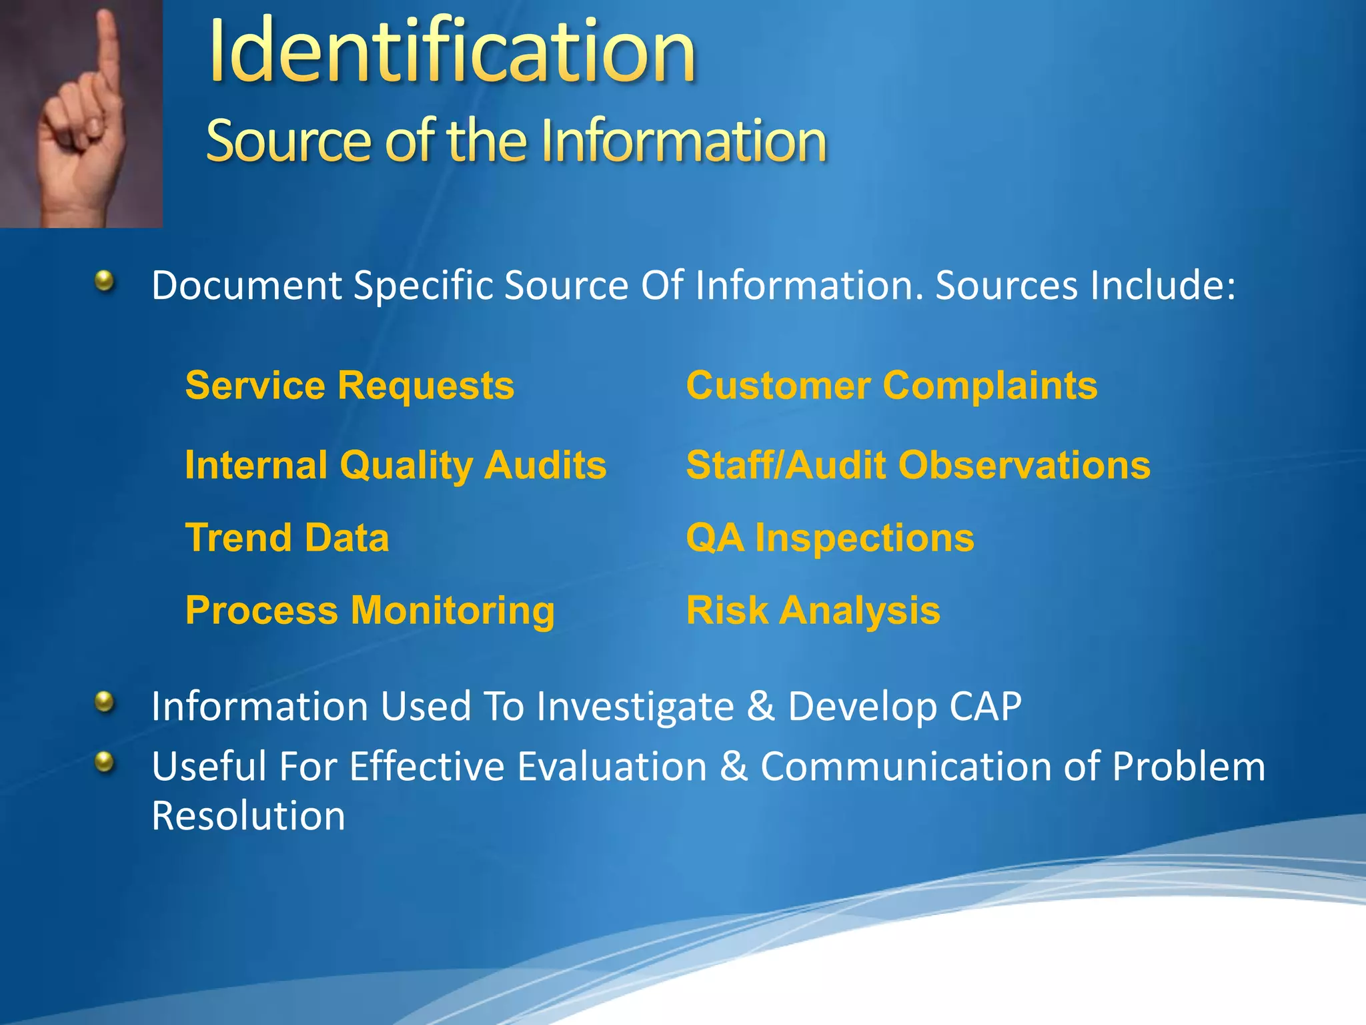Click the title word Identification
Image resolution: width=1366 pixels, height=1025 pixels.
point(452,52)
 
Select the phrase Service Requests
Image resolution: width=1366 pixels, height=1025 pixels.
point(350,386)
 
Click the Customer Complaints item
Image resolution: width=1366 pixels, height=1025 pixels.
point(891,386)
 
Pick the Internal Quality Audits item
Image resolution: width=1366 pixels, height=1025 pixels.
point(396,465)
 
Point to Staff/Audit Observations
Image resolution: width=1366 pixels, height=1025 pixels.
point(918,465)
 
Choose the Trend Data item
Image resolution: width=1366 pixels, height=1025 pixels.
point(287,538)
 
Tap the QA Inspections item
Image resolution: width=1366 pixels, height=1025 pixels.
point(830,538)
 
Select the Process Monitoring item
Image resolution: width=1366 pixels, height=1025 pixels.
point(370,611)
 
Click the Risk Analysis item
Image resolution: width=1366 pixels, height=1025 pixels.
point(812,611)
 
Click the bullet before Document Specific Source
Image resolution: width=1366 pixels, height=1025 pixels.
point(104,281)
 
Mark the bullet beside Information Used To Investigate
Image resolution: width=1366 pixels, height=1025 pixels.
point(104,701)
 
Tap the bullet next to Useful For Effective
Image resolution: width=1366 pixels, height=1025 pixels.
point(104,761)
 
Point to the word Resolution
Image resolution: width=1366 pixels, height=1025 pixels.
point(248,815)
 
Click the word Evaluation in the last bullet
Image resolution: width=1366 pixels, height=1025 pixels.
point(612,766)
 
